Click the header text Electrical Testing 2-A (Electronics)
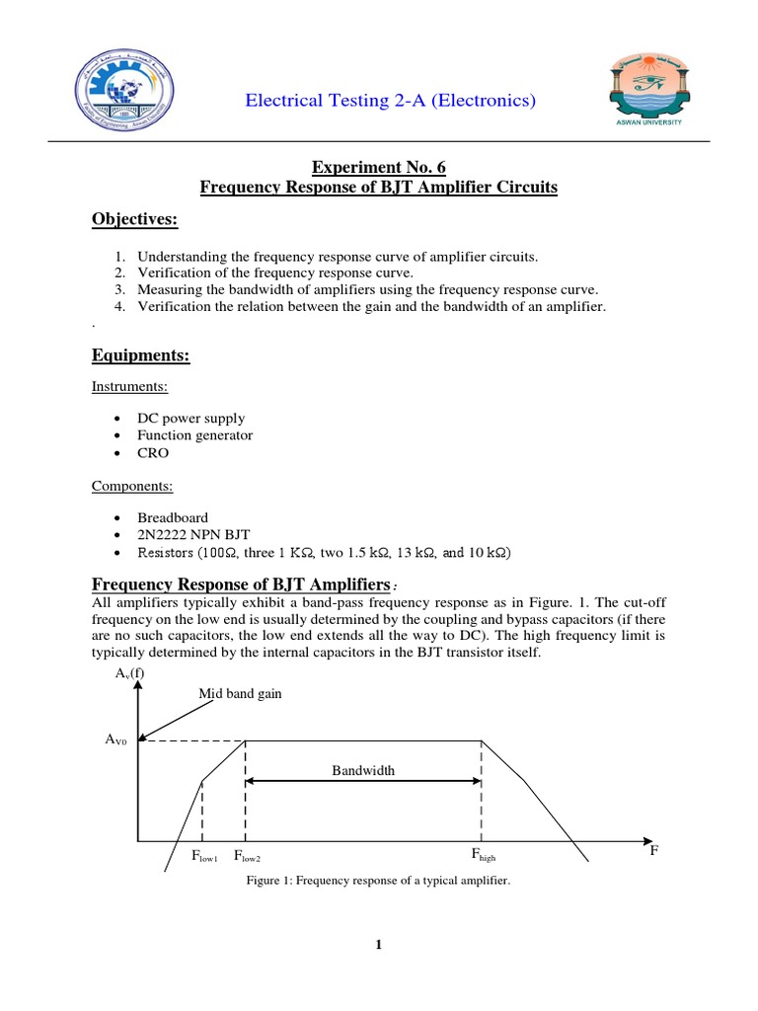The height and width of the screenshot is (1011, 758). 389,100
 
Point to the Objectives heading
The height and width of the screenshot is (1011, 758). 134,219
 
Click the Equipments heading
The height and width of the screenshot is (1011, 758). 140,355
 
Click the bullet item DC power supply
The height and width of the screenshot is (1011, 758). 190,419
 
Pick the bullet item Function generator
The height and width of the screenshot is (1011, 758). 194,435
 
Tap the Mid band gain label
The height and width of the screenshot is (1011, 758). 240,693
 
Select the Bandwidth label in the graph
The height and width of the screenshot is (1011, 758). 363,770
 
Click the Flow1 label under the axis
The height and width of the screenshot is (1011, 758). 204,856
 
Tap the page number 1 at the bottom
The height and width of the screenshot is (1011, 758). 378,945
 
